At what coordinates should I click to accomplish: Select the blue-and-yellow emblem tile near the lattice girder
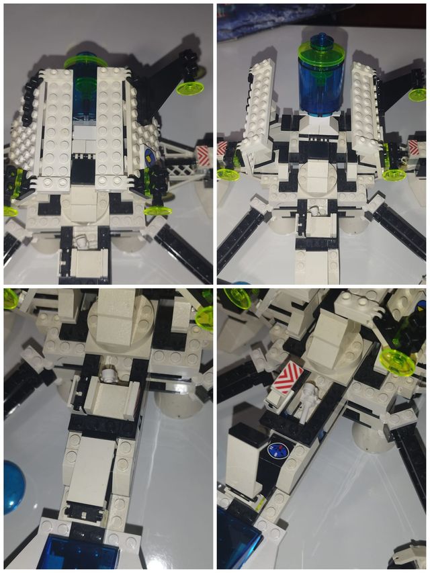click(x=151, y=159)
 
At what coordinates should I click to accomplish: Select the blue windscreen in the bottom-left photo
click(x=81, y=555)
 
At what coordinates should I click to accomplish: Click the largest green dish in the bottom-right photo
click(x=396, y=363)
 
